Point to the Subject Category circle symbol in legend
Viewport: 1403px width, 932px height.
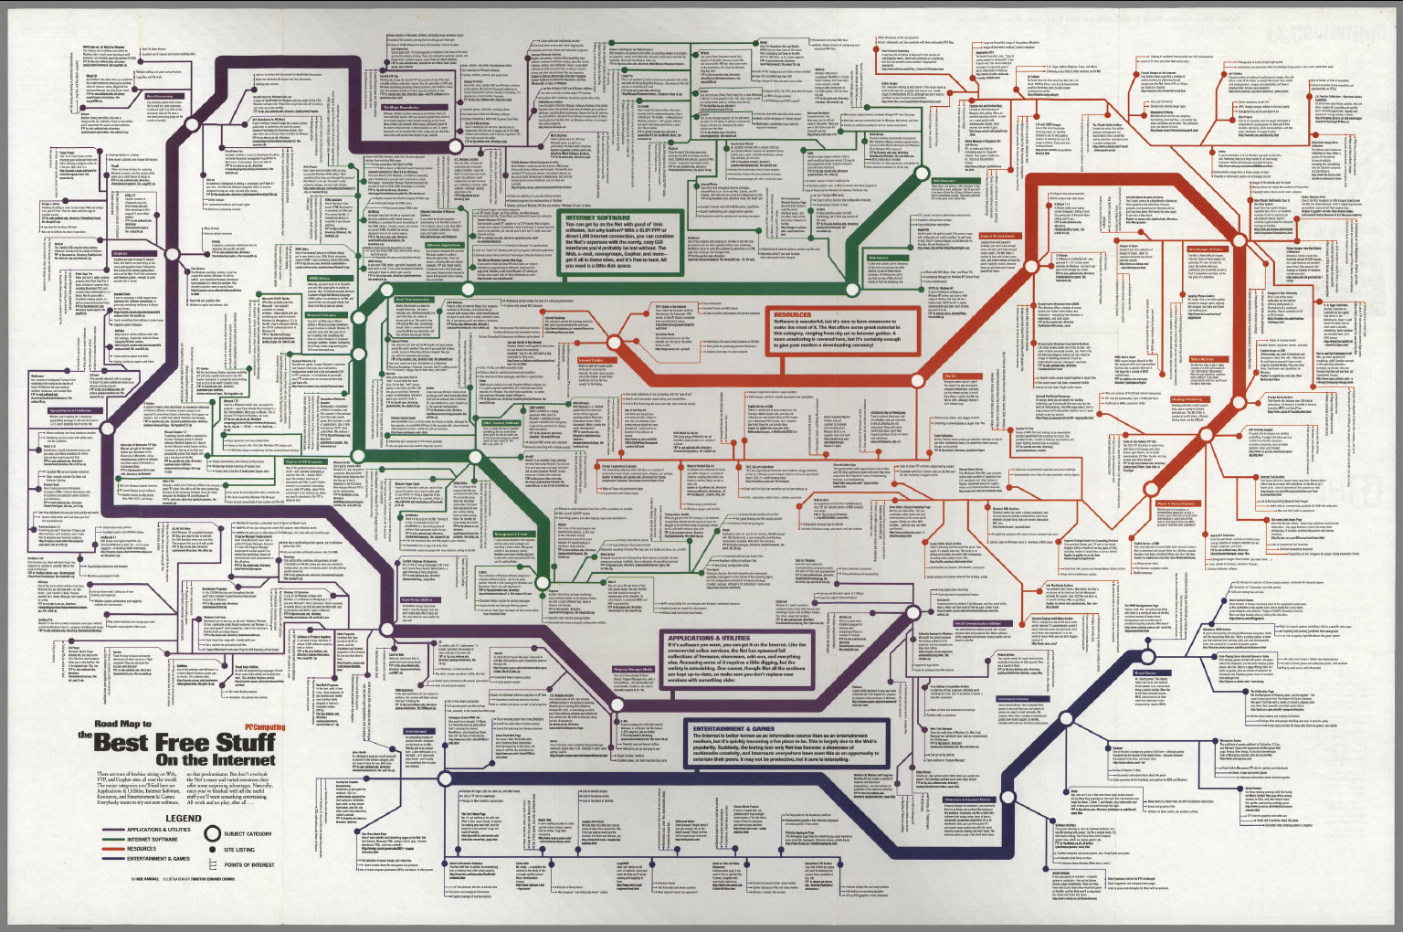(x=213, y=833)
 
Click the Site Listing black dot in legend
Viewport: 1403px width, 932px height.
(x=213, y=850)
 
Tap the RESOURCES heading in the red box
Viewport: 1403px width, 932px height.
(x=793, y=314)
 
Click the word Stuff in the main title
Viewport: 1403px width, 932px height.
(x=240, y=743)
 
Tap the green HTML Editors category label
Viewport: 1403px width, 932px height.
(x=319, y=278)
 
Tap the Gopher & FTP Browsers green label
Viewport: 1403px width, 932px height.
(x=308, y=461)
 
